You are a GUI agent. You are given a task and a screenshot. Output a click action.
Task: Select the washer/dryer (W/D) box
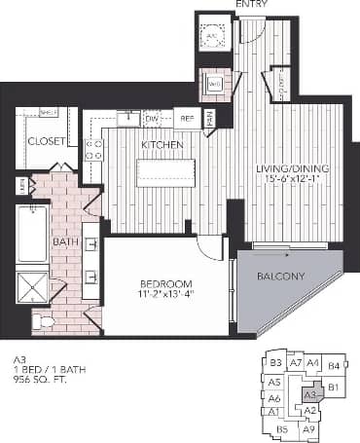click(x=214, y=84)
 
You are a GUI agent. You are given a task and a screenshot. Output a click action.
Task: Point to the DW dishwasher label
click(x=152, y=119)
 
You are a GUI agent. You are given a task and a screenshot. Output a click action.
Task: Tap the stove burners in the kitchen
click(x=95, y=149)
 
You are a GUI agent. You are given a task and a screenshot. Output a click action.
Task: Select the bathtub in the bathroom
click(x=31, y=234)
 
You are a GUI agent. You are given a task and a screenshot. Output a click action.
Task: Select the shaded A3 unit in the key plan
click(x=312, y=394)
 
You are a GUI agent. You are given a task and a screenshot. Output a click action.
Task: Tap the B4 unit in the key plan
click(x=333, y=365)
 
